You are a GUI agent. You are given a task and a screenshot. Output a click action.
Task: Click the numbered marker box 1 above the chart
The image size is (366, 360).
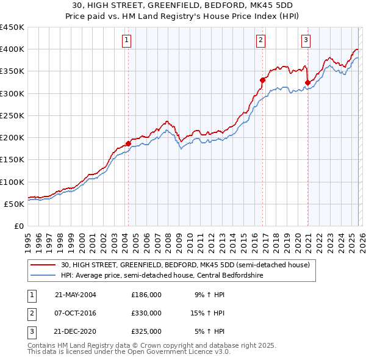point(127,41)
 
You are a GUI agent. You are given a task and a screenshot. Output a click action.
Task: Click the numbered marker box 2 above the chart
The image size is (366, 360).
point(260,41)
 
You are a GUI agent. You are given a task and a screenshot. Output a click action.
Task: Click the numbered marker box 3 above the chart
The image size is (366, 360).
point(306,41)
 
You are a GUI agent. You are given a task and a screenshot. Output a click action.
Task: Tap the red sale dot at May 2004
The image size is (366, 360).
point(129,144)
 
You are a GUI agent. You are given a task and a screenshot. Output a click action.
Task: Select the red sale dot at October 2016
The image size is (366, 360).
point(262,80)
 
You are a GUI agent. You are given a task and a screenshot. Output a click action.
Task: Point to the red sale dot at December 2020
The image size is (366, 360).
point(307,82)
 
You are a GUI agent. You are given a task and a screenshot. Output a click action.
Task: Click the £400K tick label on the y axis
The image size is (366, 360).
point(12,49)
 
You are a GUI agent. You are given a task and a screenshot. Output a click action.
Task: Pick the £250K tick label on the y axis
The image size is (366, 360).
point(12,115)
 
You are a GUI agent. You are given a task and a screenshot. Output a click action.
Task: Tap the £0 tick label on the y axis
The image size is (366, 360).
point(18,226)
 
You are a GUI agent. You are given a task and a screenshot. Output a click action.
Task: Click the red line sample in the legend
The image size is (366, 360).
point(43,265)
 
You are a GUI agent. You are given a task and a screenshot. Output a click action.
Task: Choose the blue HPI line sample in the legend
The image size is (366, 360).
point(43,275)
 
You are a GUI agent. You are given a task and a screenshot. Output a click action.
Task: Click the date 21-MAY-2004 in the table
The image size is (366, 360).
point(75,294)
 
